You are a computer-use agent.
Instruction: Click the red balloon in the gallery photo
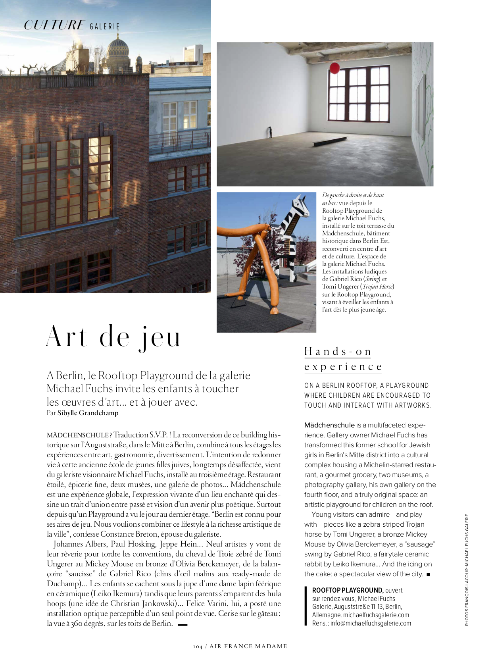(x=334, y=68)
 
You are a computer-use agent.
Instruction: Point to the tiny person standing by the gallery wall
(x=271, y=132)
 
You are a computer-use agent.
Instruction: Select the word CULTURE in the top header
(x=54, y=25)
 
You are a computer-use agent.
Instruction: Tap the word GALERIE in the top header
(x=105, y=27)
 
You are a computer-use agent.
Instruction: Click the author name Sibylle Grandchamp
(x=88, y=413)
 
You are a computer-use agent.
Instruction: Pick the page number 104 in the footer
(x=198, y=647)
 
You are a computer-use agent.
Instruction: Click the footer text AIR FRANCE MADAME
(x=248, y=646)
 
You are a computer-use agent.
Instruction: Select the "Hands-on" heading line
(x=338, y=352)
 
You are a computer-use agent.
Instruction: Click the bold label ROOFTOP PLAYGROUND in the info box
(x=348, y=590)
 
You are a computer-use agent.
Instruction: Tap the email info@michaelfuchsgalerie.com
(x=371, y=623)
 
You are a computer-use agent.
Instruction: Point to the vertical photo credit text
(x=467, y=570)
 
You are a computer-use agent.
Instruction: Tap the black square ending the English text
(x=428, y=574)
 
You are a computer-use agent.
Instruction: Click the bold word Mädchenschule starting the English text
(x=329, y=425)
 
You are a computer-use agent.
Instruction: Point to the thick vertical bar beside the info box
(x=306, y=606)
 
